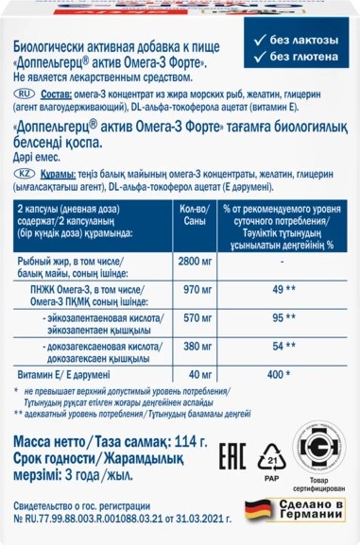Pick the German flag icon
click(257, 514)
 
